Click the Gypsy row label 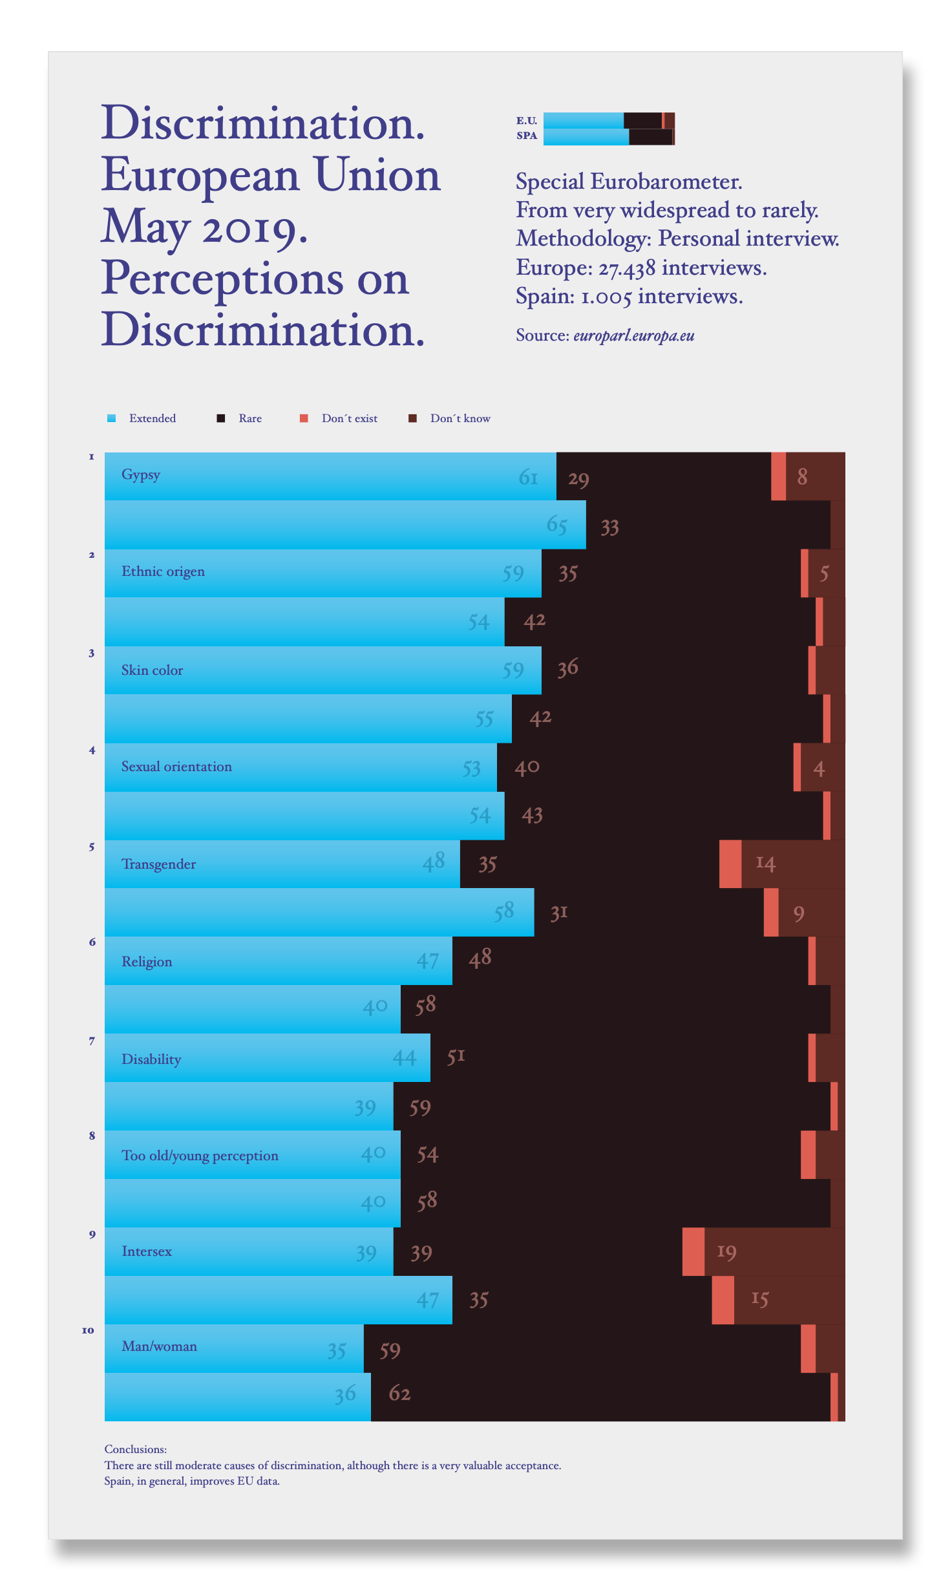[x=140, y=475]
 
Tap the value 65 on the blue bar [x=556, y=525]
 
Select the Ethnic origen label [x=163, y=571]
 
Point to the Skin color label [x=152, y=670]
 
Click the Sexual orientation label [x=176, y=767]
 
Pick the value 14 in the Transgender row [x=765, y=864]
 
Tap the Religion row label [x=147, y=962]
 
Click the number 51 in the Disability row [x=456, y=1057]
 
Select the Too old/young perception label [x=200, y=1156]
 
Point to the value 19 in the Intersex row [x=726, y=1253]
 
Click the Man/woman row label [x=159, y=1346]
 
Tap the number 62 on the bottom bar [x=399, y=1394]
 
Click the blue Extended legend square [x=111, y=418]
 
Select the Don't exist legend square [x=304, y=418]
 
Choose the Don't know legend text [x=460, y=419]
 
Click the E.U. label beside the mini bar [x=526, y=121]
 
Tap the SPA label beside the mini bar [x=527, y=136]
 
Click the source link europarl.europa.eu [x=633, y=335]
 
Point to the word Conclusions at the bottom [x=136, y=1449]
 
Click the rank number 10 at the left [x=88, y=1331]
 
